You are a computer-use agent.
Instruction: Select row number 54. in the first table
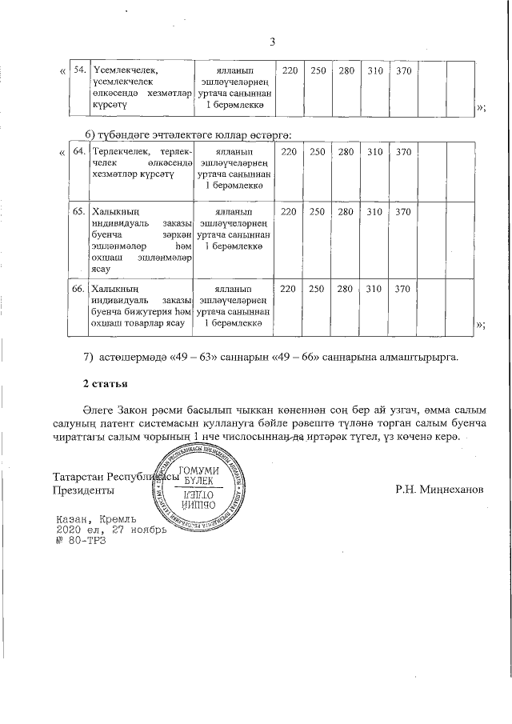click(80, 70)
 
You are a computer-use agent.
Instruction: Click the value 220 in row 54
click(290, 71)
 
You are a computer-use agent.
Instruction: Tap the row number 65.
click(80, 212)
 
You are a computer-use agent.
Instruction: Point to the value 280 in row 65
click(346, 212)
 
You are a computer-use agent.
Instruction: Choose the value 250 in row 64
click(318, 152)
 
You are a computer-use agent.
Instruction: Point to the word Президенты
click(82, 489)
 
